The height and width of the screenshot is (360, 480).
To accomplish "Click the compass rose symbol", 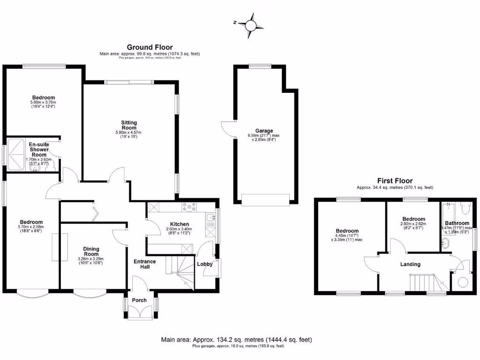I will coord(251,23).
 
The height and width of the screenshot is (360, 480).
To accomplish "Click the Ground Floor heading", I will coord(150,47).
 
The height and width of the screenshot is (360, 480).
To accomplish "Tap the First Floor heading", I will coord(395,180).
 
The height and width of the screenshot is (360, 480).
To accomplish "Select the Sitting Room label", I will coord(129,125).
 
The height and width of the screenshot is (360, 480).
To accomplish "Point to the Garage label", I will coord(264,131).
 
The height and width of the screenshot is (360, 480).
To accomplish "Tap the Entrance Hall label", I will coord(145,264).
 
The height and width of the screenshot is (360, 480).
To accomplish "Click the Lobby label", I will coord(205,264).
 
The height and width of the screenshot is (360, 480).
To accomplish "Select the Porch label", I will coord(139,300).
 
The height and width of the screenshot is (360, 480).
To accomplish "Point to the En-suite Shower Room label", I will coord(38,150).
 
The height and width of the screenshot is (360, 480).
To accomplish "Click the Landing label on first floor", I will coord(410,264).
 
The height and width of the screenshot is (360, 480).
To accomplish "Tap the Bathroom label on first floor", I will coord(457,223).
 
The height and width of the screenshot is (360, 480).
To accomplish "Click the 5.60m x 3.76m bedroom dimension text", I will coord(43,103).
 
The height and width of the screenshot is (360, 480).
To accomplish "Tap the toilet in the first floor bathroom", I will coord(465,207).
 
